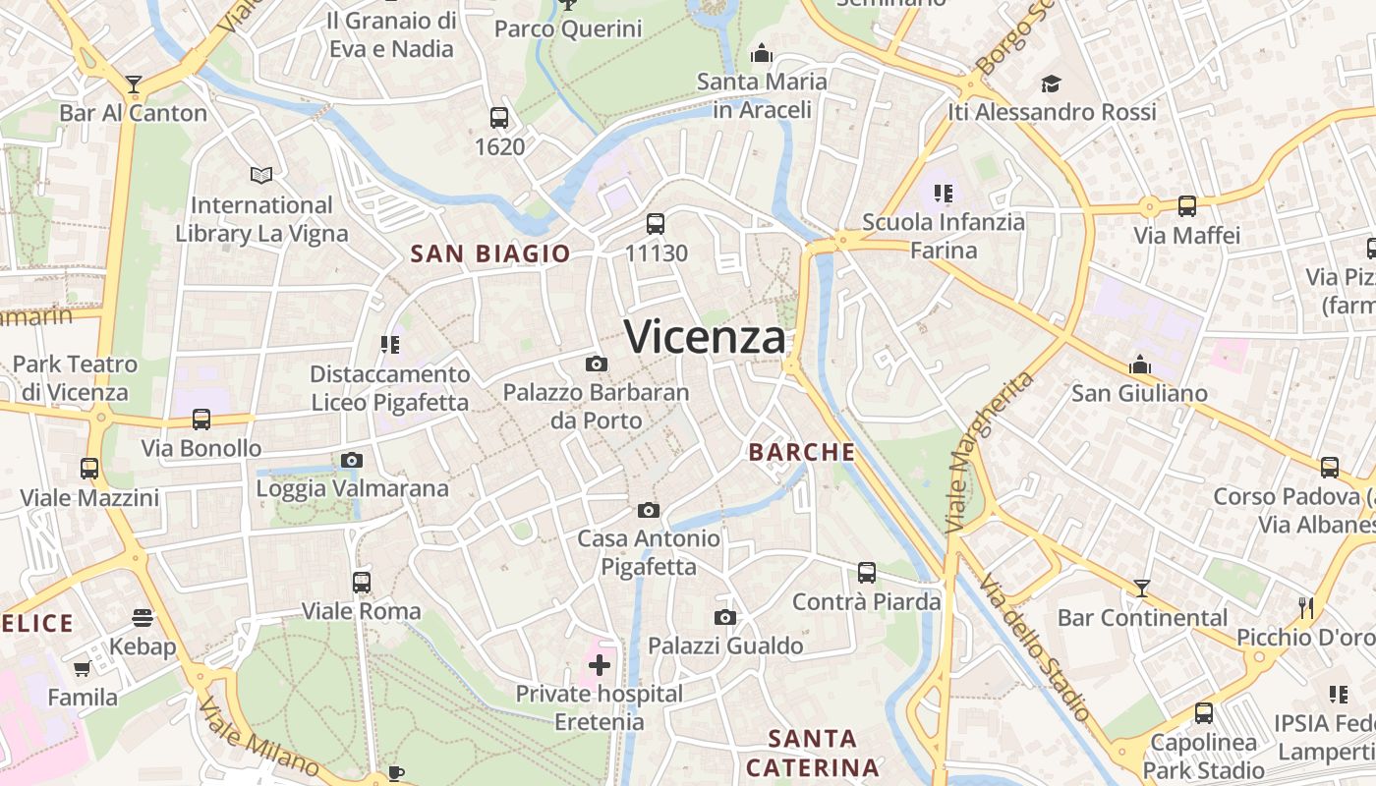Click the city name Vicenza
click(706, 337)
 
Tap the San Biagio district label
click(489, 253)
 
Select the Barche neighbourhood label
click(802, 452)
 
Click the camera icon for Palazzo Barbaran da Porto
click(596, 365)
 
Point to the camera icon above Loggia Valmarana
click(351, 460)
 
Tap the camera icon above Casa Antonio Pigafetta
click(648, 510)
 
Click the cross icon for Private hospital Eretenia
click(599, 665)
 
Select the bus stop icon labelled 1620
click(499, 118)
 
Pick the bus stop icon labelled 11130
click(656, 224)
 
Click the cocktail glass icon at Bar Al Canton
click(134, 84)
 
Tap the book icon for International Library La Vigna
click(260, 176)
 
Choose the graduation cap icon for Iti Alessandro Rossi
click(1051, 84)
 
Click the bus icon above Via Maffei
click(1187, 206)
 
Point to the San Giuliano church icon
click(1139, 365)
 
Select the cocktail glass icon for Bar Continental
click(1141, 589)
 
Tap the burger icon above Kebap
click(143, 618)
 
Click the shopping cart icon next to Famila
click(83, 669)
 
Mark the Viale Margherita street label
click(991, 453)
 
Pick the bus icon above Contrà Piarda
click(866, 572)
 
